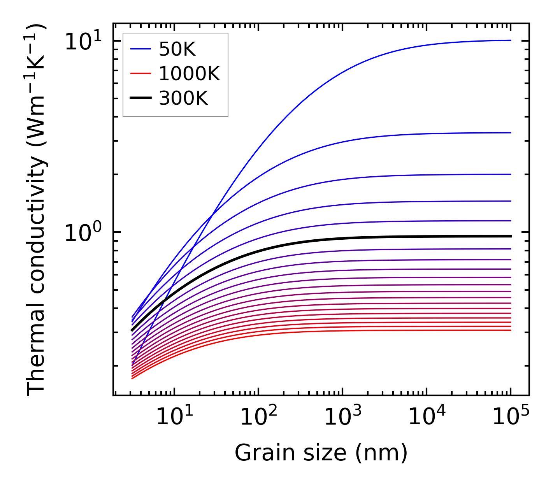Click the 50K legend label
coord(177,49)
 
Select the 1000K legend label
coord(189,74)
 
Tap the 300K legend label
coord(183,98)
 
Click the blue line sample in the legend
coord(140,49)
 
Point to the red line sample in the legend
coord(140,74)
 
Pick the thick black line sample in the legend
coord(140,98)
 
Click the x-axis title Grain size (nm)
coord(321,453)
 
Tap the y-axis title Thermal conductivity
coord(37,210)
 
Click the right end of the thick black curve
coord(510,236)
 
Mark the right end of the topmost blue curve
coord(510,40)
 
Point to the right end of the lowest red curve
coord(510,330)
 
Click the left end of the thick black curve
coord(132,330)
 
